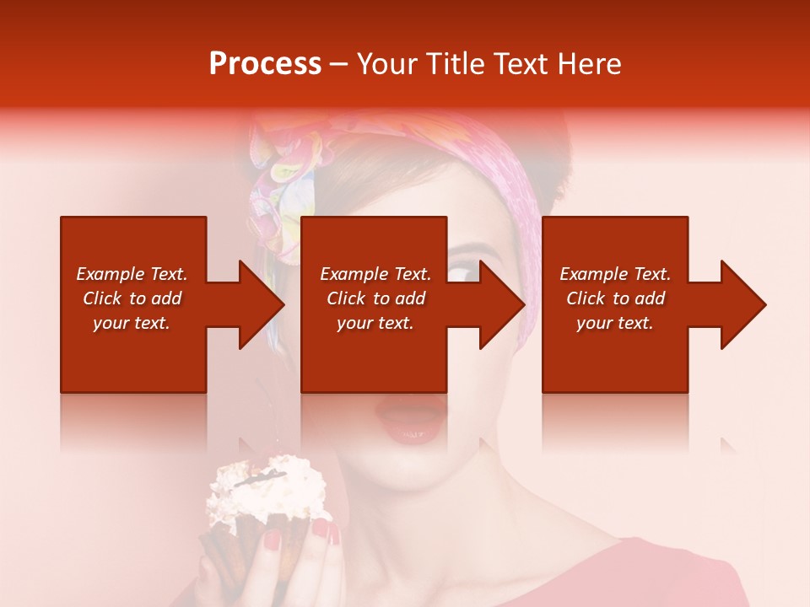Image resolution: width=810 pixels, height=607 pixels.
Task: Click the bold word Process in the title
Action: click(x=265, y=64)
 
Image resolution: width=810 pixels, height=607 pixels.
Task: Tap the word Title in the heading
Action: click(x=451, y=64)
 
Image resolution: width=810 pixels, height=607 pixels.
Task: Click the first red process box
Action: click(x=133, y=303)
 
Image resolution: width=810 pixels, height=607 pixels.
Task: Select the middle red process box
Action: click(x=374, y=303)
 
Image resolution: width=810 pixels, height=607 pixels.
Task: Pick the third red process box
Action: click(x=614, y=303)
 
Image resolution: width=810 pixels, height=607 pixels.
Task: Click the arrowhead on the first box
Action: click(x=262, y=304)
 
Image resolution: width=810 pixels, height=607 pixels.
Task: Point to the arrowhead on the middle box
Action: click(x=502, y=304)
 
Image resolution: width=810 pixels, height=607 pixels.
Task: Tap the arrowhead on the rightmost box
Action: click(x=742, y=304)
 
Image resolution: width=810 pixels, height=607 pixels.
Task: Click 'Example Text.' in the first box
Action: click(x=132, y=274)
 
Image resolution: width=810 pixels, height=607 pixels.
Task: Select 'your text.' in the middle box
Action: click(x=375, y=323)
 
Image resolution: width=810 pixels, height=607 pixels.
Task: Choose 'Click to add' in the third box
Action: click(x=615, y=298)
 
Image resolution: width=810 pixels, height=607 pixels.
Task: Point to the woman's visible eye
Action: click(x=463, y=272)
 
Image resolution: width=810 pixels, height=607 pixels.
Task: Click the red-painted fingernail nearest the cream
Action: click(x=321, y=530)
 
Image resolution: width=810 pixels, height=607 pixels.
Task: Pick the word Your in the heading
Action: click(x=385, y=64)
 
